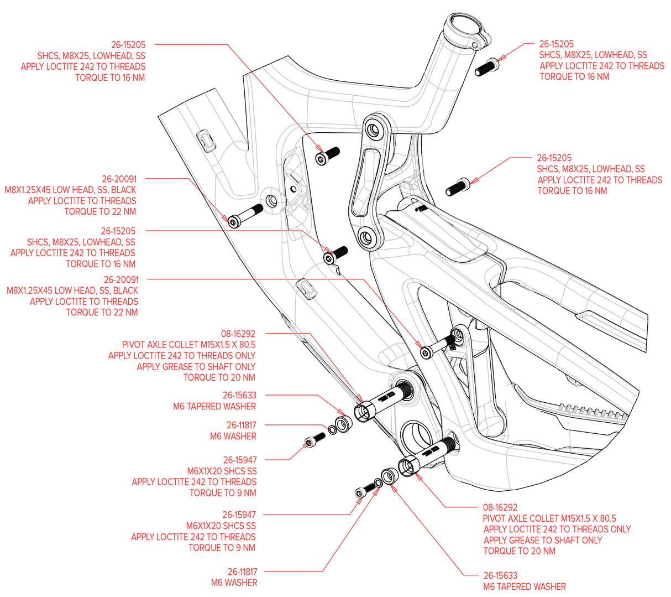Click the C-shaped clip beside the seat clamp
[492, 66]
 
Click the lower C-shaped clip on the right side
[463, 184]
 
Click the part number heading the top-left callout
[129, 43]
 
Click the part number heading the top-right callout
[556, 43]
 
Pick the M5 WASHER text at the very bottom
[234, 583]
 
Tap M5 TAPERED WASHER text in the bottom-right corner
[525, 586]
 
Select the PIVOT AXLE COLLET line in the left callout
[188, 344]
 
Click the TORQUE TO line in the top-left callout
[111, 78]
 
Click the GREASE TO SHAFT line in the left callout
[196, 366]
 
